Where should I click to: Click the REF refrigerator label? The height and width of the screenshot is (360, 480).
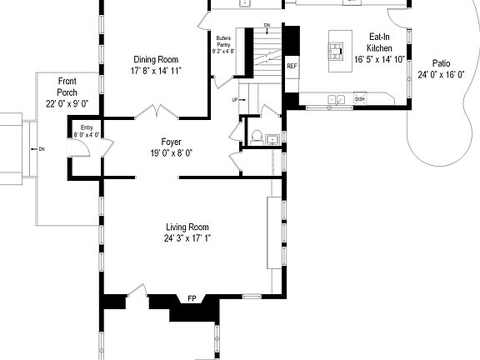tap(292, 65)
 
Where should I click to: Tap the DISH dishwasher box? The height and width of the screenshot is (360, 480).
tap(360, 99)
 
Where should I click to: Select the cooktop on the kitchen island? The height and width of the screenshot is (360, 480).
tap(337, 52)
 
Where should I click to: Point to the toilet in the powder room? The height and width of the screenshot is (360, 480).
tap(257, 136)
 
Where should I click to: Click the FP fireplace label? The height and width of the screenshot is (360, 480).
tap(192, 298)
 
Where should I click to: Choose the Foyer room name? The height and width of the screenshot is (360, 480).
tap(172, 142)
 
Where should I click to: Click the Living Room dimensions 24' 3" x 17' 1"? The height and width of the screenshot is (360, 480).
tap(187, 238)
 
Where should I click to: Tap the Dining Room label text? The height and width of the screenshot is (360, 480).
tap(157, 59)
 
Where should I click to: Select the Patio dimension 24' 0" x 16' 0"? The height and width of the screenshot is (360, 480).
tap(442, 74)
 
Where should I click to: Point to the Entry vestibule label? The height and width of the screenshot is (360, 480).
tap(87, 127)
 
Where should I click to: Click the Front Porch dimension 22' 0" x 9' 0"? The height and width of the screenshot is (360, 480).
tap(67, 103)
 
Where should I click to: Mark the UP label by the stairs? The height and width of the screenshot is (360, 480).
tap(235, 100)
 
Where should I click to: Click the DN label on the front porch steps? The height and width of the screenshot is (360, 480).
tap(42, 149)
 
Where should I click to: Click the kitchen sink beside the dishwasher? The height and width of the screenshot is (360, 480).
tap(337, 100)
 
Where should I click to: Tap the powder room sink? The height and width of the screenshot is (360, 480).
tap(272, 141)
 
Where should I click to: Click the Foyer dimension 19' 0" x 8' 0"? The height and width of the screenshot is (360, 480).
tap(172, 153)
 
